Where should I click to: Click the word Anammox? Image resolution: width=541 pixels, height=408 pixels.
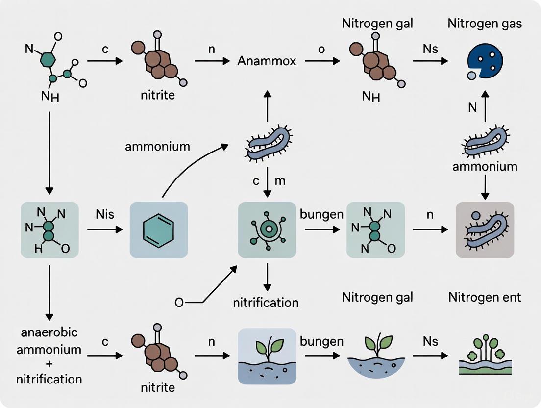click(267, 61)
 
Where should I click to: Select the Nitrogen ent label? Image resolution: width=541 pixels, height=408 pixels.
click(485, 297)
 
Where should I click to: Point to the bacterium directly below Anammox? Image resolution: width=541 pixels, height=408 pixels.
click(267, 142)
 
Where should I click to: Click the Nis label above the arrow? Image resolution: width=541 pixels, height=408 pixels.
click(104, 214)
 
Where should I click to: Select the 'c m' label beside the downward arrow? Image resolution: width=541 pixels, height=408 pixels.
click(268, 181)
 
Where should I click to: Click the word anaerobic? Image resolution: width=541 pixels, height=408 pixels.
click(49, 332)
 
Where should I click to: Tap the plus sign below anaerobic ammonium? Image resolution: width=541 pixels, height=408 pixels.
click(49, 364)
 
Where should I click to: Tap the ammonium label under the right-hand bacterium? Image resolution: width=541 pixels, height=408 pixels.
click(485, 166)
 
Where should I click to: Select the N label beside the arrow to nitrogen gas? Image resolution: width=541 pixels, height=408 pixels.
click(472, 107)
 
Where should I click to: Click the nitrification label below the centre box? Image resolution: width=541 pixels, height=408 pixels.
click(266, 302)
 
